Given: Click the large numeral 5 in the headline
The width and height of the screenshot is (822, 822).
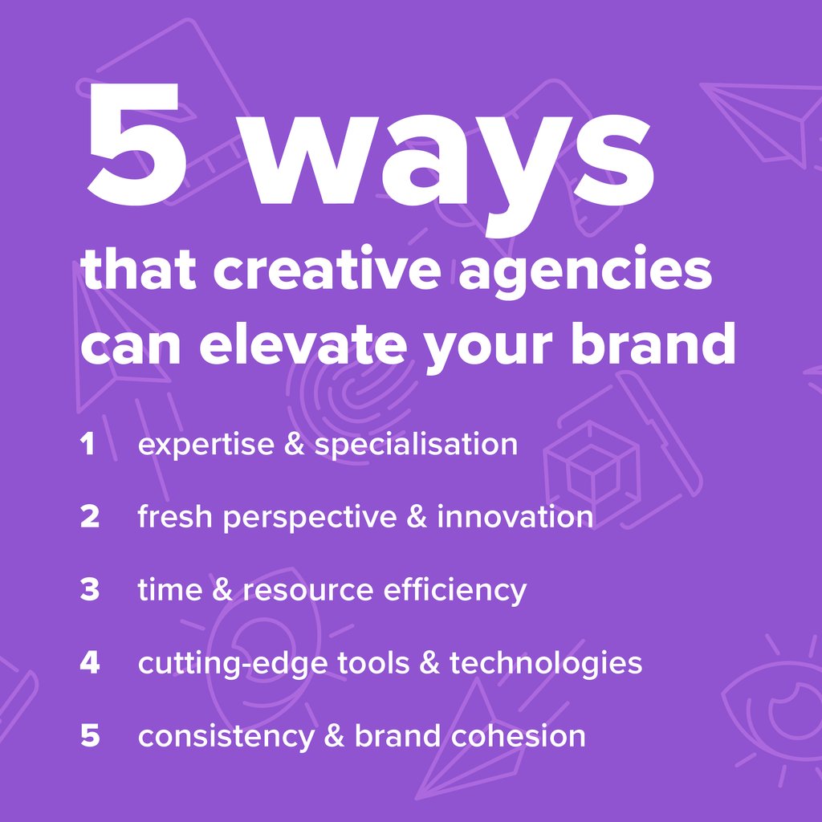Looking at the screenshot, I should [136, 144].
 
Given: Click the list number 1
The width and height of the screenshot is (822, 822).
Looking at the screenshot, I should [87, 445].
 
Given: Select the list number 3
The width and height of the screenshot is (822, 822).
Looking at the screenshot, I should [89, 591].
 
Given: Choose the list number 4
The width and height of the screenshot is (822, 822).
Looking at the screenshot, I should [89, 664].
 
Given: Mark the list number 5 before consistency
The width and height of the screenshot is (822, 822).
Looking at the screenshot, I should [89, 736].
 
